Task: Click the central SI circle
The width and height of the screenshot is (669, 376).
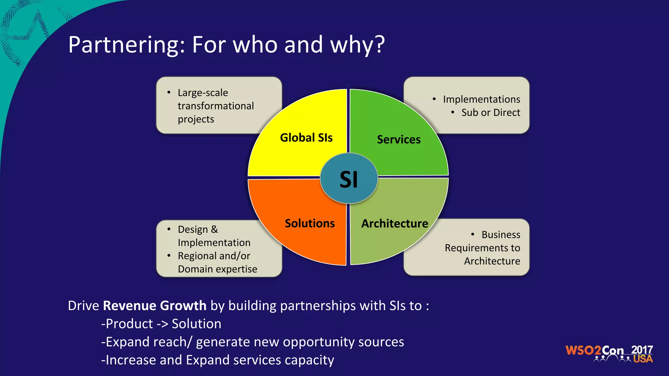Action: coord(349,179)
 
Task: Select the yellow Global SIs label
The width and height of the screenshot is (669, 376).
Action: coord(306,138)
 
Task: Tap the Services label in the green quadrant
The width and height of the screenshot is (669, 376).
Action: coord(399,140)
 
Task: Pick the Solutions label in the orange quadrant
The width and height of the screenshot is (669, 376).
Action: coord(310,224)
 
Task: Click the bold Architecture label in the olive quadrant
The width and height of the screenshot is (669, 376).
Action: coord(395,224)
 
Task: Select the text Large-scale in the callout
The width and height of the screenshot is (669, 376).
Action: coord(203,93)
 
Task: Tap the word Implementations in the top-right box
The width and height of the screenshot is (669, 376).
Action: coord(481,99)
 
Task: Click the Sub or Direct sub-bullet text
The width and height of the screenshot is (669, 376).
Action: coord(491,113)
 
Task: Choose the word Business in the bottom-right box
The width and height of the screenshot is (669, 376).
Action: coord(501,235)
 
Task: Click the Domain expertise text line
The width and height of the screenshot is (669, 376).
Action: coord(218,269)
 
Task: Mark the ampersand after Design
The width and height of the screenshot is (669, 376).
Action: coord(214,229)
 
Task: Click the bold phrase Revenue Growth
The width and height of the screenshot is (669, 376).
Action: coord(155,306)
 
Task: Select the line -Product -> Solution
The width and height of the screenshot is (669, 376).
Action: coord(161,324)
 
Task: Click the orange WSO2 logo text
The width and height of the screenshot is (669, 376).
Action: coord(583,351)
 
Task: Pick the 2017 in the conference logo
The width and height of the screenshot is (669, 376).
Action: coord(642,350)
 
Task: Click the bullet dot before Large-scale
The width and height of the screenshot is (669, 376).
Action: coord(169,93)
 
